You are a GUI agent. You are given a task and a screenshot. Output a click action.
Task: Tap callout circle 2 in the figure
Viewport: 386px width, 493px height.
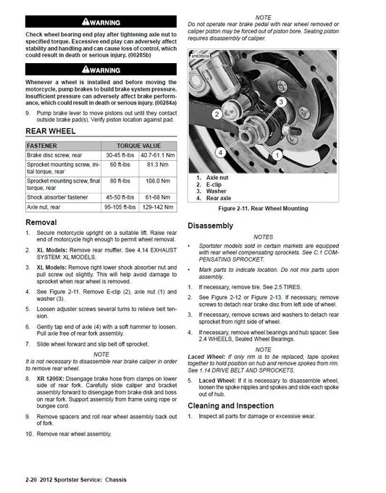217,115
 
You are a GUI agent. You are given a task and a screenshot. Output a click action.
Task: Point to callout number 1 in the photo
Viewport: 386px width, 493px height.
274,154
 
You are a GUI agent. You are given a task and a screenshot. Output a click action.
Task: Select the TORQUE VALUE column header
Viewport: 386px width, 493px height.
138,145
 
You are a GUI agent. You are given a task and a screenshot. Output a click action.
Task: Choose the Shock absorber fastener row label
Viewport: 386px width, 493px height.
61,196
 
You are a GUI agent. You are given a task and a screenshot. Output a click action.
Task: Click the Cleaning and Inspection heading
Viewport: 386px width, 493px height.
231,405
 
